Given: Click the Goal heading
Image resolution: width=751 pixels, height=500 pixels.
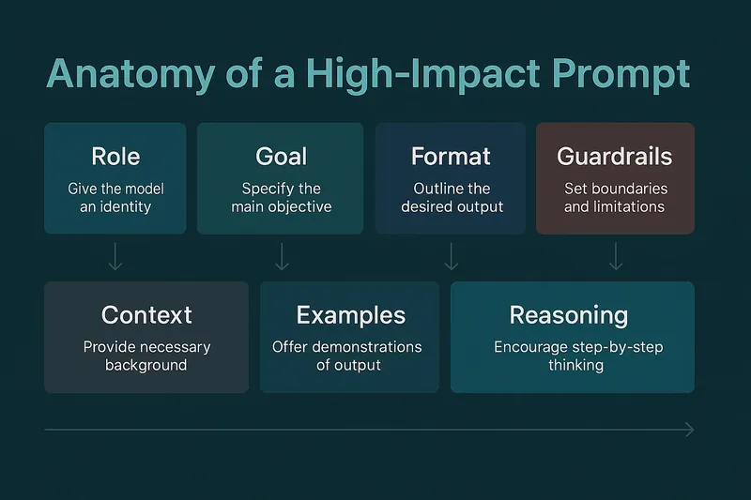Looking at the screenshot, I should [x=281, y=155].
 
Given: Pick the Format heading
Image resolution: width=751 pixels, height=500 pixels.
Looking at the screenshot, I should [x=452, y=155].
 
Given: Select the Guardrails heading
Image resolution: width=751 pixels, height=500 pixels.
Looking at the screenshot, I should [x=615, y=155].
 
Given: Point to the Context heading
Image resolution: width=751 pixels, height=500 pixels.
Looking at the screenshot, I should [x=146, y=314].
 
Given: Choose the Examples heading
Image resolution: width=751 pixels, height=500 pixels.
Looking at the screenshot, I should [x=350, y=314].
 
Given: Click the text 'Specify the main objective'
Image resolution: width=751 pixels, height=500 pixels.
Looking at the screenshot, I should [x=281, y=197].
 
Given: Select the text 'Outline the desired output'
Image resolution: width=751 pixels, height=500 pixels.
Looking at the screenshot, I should [x=452, y=197].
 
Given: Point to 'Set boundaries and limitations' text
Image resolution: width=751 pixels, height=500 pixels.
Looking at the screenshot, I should [x=615, y=197].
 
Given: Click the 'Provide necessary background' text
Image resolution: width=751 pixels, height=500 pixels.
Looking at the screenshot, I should [x=146, y=356].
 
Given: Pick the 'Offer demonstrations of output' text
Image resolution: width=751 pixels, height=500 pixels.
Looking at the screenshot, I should [x=347, y=356].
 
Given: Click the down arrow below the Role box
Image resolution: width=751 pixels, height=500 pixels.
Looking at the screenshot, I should [x=115, y=257].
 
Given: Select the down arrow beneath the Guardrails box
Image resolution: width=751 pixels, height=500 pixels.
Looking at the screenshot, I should [x=615, y=257].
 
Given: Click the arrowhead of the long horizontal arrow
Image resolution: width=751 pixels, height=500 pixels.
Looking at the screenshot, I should [x=690, y=430].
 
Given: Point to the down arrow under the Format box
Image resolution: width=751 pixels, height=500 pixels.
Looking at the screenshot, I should [x=452, y=257].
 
